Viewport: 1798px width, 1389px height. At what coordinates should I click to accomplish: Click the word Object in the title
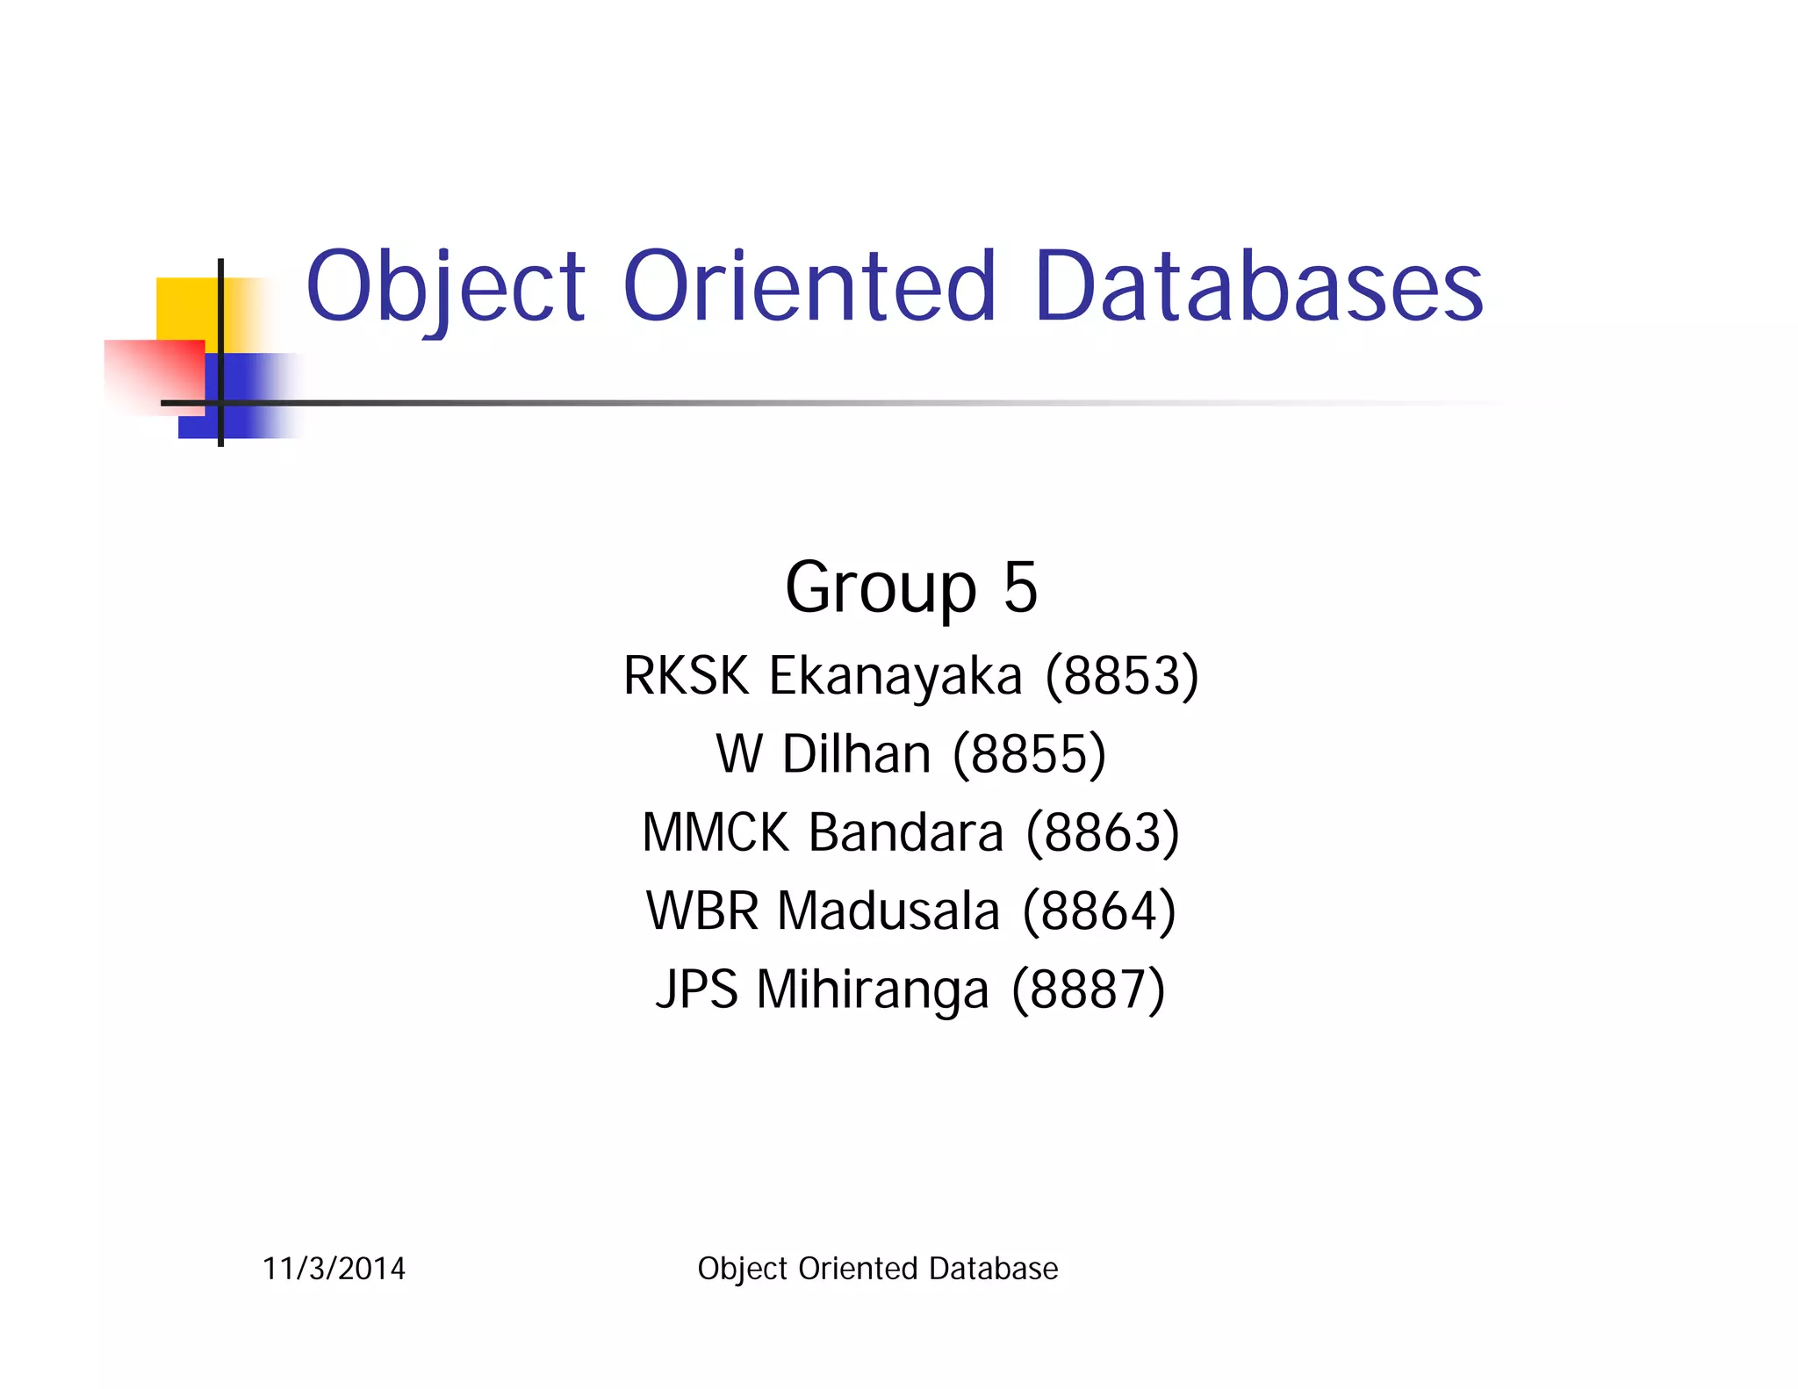[445, 288]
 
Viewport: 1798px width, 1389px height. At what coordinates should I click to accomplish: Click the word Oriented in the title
[809, 288]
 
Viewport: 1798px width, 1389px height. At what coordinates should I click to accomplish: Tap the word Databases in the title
[1258, 288]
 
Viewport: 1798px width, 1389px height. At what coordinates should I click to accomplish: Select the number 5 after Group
[1020, 587]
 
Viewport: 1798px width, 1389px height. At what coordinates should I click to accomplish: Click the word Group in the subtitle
[880, 587]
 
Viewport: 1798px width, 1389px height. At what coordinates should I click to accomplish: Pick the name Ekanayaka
[895, 676]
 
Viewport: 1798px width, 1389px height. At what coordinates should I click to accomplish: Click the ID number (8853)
[1121, 676]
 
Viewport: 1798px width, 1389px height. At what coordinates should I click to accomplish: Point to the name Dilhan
[856, 754]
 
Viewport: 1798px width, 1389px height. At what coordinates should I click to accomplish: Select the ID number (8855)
[1029, 754]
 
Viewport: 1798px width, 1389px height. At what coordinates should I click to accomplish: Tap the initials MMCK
[715, 832]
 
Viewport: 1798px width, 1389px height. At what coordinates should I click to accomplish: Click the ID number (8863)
[1103, 832]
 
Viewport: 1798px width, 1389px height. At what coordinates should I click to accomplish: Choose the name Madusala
[888, 910]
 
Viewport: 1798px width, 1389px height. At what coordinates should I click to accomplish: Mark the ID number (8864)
[1098, 910]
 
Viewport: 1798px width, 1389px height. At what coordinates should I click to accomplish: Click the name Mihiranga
[873, 990]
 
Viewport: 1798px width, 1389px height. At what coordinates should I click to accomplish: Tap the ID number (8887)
[1088, 990]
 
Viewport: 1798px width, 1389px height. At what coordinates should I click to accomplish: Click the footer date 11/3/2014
[334, 1269]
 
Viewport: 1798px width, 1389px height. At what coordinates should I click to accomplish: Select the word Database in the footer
[993, 1269]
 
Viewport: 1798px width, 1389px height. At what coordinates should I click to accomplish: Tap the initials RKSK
[686, 676]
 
